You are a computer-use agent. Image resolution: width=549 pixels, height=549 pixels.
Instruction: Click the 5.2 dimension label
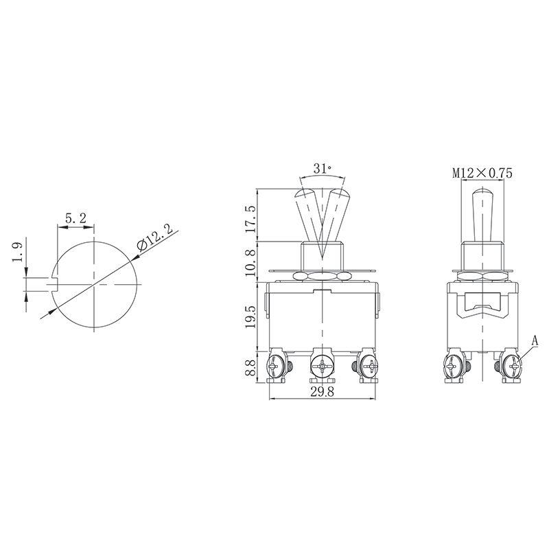point(75,218)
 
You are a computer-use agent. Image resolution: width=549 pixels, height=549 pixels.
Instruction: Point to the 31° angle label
point(320,168)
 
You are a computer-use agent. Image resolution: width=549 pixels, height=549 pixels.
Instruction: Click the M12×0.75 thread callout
point(482,174)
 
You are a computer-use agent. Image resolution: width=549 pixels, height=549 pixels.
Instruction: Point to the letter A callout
point(536,338)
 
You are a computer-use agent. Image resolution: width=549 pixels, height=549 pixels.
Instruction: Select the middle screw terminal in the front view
point(320,367)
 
